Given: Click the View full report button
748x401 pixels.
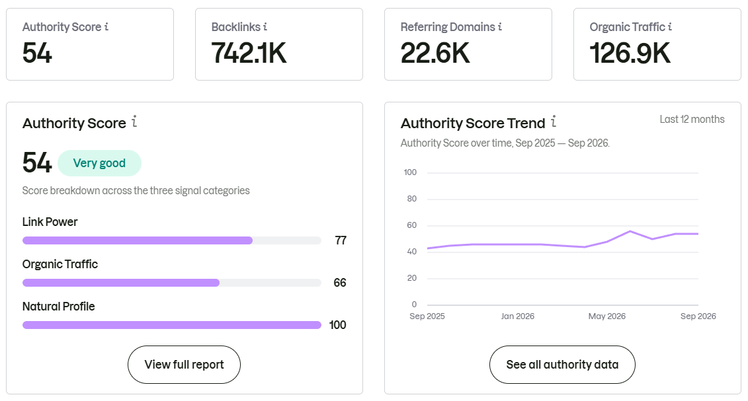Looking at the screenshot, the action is [184, 365].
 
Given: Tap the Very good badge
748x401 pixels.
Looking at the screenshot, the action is [99, 163].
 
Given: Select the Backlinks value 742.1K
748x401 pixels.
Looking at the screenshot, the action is [249, 53].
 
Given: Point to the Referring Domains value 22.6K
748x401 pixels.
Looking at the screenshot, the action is [435, 53].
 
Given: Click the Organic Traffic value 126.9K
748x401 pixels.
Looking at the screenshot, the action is [630, 53].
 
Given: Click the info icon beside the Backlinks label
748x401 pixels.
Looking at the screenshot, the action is [265, 26].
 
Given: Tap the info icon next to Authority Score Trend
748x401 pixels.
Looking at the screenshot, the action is [554, 122].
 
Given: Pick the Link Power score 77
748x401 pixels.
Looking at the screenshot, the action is [341, 240].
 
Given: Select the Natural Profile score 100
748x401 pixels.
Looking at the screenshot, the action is [338, 325].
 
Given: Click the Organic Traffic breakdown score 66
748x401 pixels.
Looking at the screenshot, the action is [340, 283].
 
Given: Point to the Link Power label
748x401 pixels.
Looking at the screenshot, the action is [50, 222].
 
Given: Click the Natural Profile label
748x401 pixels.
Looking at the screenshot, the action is [59, 307].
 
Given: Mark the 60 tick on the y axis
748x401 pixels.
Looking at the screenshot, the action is [411, 225].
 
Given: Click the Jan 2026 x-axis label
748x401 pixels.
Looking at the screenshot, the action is [518, 316].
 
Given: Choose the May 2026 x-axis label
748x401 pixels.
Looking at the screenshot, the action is [606, 316].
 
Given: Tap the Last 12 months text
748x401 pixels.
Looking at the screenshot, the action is [692, 120].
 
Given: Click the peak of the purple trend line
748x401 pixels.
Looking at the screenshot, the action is [630, 231].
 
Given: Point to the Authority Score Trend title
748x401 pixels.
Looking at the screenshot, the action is [473, 124].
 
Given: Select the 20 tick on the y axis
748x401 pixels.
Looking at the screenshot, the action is [411, 278].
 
